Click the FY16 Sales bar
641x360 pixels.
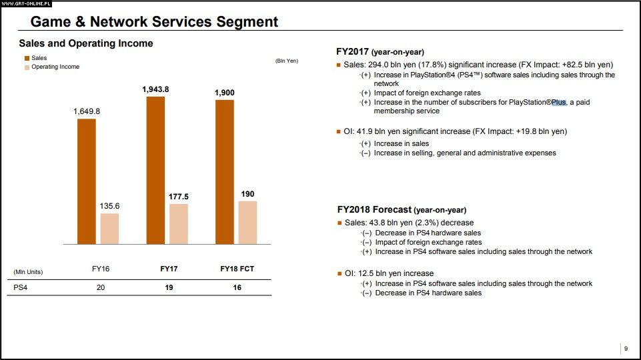point(87,181)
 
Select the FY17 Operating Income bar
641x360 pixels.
point(179,223)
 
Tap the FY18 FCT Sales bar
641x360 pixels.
point(225,172)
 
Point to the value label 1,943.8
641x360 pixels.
point(155,89)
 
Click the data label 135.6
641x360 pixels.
point(109,206)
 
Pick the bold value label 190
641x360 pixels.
point(247,194)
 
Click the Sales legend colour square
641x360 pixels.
point(27,59)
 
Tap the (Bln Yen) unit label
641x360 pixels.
point(287,61)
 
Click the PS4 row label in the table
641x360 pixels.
point(21,288)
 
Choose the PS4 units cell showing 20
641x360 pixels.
point(100,288)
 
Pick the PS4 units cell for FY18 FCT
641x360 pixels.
point(237,288)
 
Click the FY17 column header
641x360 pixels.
point(169,269)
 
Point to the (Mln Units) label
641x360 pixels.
point(28,272)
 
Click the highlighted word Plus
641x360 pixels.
point(558,103)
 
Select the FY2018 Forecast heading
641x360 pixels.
point(402,209)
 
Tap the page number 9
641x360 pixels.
point(625,349)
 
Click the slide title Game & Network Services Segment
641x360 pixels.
point(154,22)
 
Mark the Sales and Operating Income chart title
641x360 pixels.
point(86,44)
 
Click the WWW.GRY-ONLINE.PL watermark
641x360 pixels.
point(27,3)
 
